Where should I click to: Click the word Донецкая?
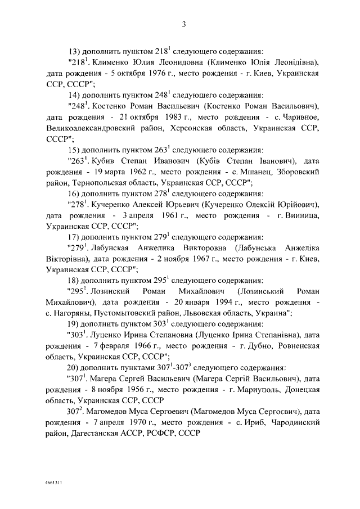301,390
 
